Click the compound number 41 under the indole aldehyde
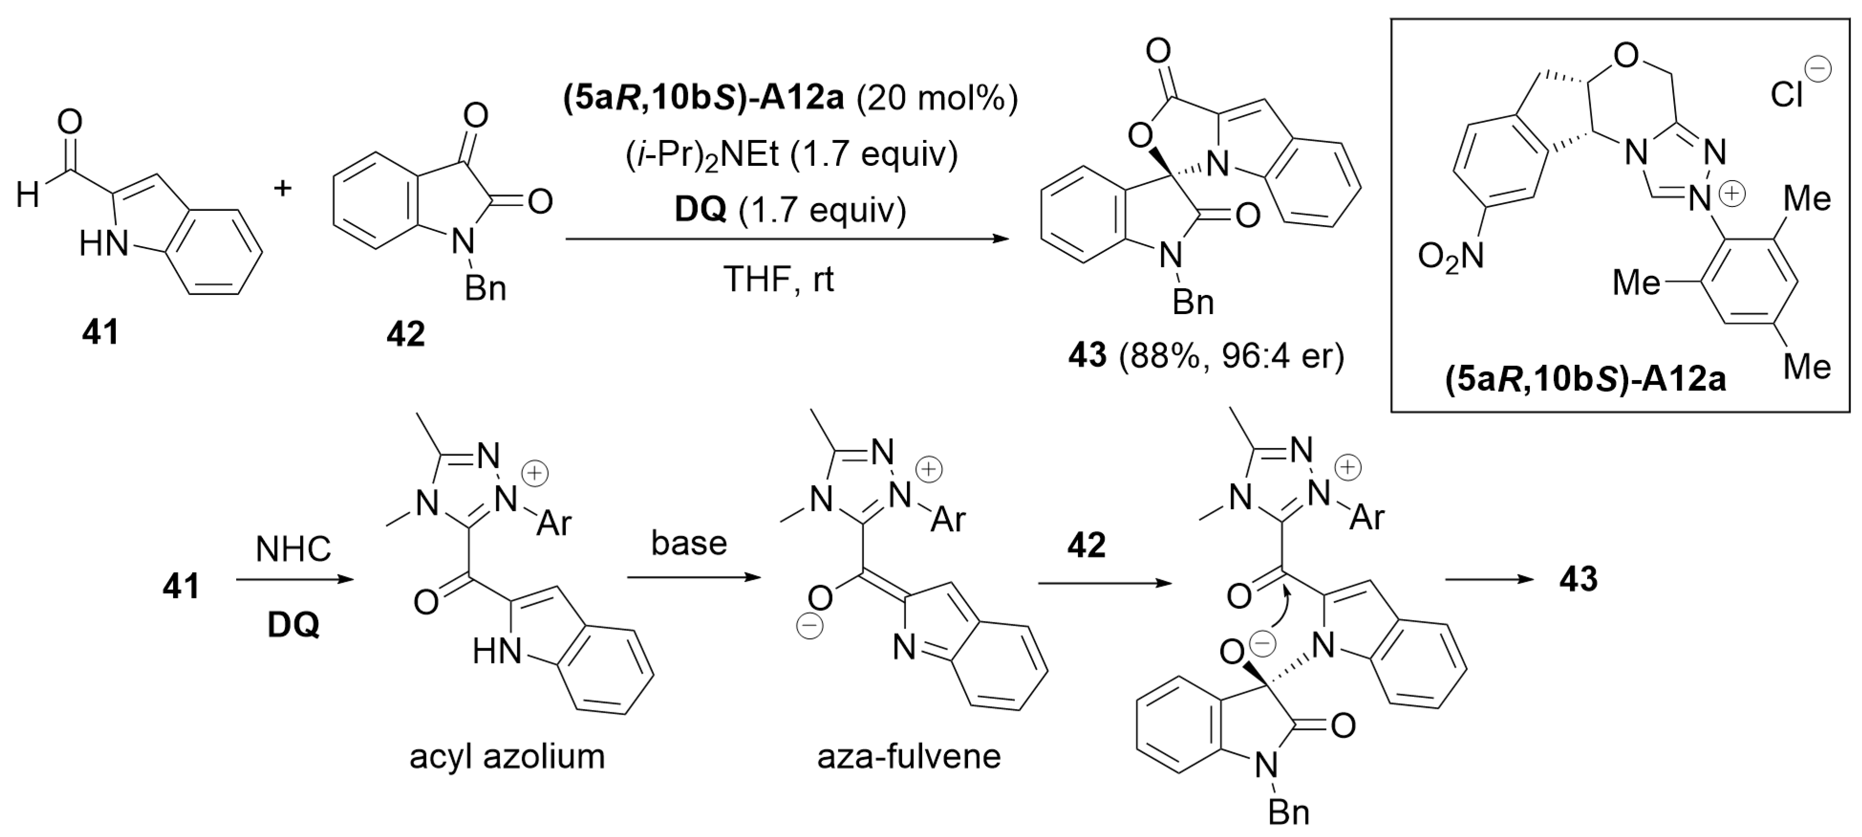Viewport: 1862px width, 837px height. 100,333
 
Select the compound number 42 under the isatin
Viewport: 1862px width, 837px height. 405,334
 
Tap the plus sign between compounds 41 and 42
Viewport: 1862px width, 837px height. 283,189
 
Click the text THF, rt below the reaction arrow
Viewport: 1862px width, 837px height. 778,279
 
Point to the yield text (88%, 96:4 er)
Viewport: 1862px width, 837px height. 1231,356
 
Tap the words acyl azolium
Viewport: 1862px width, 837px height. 507,757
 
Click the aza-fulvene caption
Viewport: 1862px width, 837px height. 909,757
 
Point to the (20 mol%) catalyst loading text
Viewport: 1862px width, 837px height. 937,98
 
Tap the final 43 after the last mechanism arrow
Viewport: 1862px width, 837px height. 1578,579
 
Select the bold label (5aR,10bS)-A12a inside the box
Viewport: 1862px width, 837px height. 1585,379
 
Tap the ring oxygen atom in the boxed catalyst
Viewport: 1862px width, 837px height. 1626,55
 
